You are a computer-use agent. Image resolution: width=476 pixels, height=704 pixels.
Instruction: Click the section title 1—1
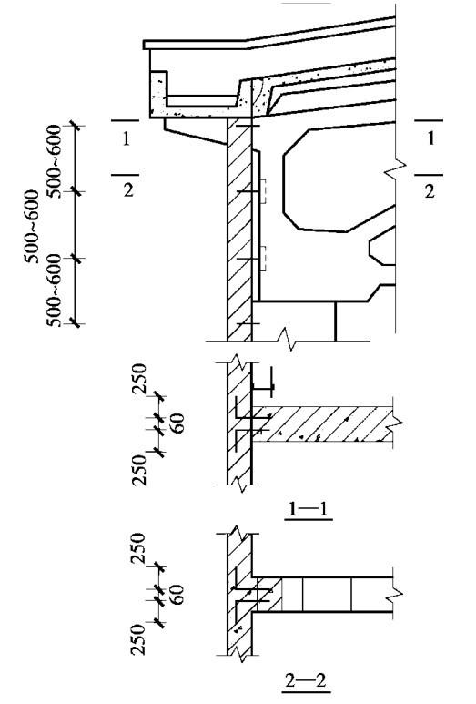[309, 509]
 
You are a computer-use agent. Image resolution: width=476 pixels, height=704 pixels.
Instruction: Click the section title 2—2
[306, 680]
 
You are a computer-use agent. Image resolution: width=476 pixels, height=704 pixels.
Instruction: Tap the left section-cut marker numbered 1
[126, 138]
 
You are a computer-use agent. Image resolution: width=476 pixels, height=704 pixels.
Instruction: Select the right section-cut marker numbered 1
[430, 138]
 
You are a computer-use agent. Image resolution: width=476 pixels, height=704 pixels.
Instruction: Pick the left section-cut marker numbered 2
[127, 190]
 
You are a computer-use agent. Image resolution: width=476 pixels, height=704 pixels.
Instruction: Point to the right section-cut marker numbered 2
[430, 191]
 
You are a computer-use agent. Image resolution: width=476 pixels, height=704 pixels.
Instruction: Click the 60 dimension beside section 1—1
[178, 423]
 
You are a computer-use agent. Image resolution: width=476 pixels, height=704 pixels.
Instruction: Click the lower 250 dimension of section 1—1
[139, 470]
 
